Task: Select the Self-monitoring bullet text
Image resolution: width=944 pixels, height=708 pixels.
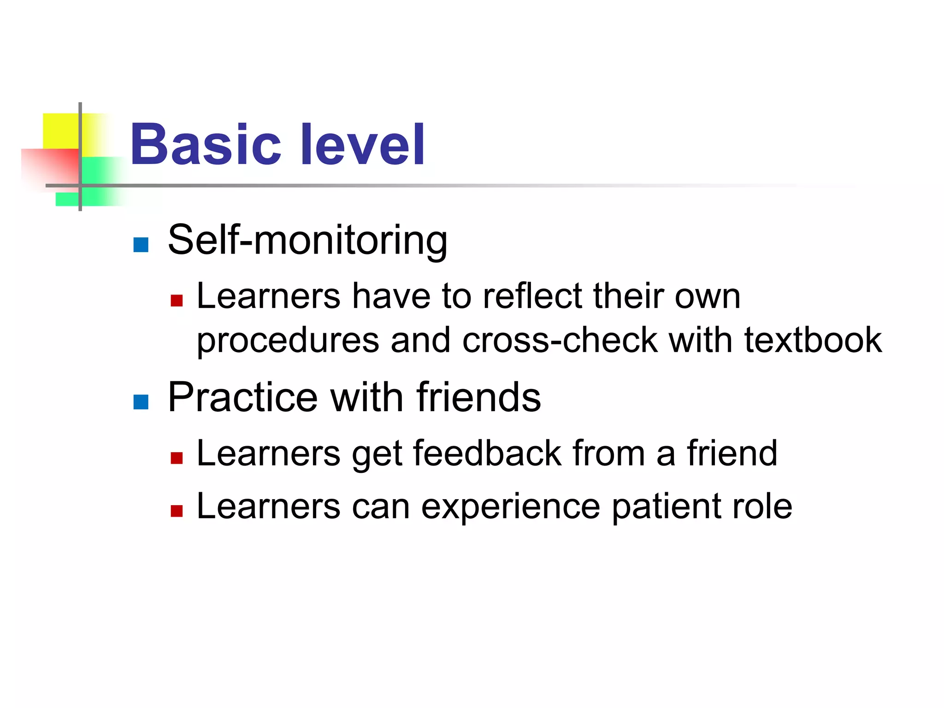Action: pyautogui.click(x=307, y=240)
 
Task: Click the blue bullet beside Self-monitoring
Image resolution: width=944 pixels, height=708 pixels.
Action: pyautogui.click(x=141, y=245)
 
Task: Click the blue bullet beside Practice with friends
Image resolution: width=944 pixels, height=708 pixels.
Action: pyautogui.click(x=141, y=402)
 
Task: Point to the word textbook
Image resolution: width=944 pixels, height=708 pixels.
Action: pyautogui.click(x=813, y=340)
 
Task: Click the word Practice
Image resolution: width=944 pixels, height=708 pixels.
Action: pyautogui.click(x=243, y=397)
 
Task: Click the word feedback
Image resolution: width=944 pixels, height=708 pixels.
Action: pyautogui.click(x=487, y=454)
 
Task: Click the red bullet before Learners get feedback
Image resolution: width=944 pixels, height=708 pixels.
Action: pyautogui.click(x=177, y=458)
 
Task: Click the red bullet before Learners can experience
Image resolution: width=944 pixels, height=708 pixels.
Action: pyautogui.click(x=177, y=511)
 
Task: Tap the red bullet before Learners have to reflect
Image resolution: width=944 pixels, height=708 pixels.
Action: pyautogui.click(x=177, y=301)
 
